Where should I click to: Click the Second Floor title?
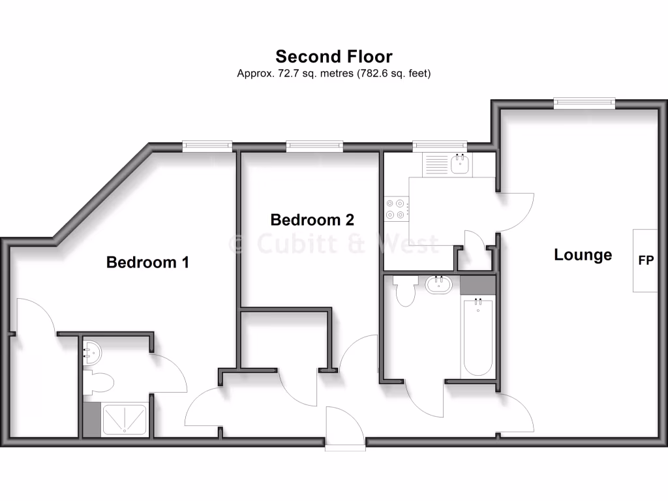coord(333,56)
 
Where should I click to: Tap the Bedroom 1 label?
coord(147,262)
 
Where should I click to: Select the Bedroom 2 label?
coord(307,220)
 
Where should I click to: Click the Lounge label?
coord(583,254)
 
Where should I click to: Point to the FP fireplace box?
coord(646,260)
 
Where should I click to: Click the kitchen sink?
coord(461,163)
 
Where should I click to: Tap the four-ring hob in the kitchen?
coord(395,208)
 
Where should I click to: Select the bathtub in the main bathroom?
coord(478,337)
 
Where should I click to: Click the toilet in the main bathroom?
coord(405,292)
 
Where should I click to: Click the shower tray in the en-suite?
coord(125,419)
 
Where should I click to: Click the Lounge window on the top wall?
coord(584,101)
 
